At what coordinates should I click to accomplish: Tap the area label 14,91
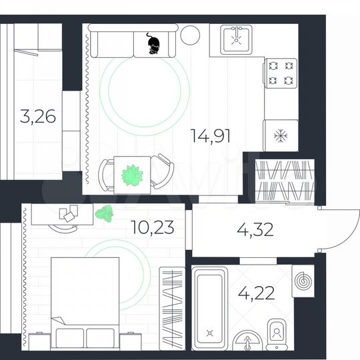pyautogui.click(x=210, y=137)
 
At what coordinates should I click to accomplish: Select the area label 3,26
pyautogui.click(x=37, y=119)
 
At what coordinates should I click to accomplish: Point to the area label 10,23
pyautogui.click(x=153, y=228)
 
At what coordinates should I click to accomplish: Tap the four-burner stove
pyautogui.click(x=281, y=73)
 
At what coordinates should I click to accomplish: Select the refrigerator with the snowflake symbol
pyautogui.click(x=280, y=137)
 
